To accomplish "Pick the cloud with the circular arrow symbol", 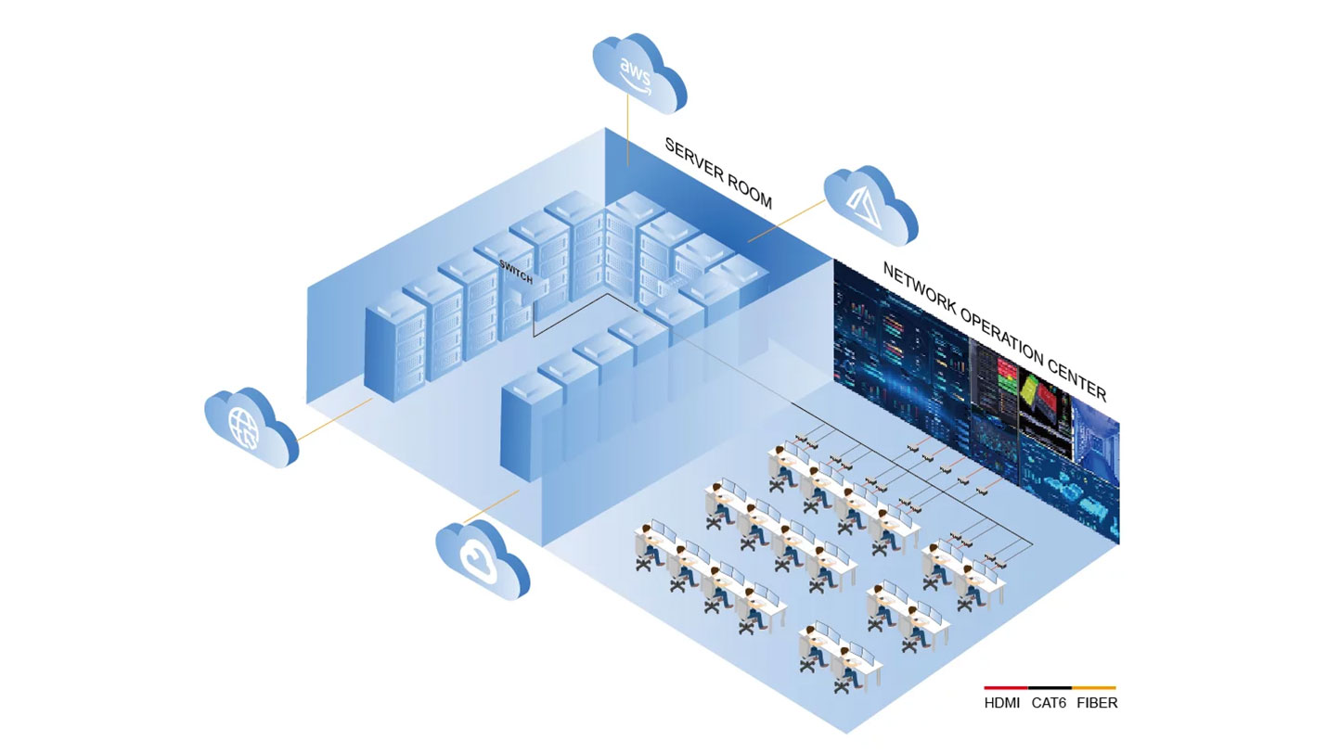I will coord(482,559).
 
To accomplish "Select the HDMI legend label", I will coord(1002,703).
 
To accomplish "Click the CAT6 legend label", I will coord(1050,703).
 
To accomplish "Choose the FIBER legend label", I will coord(1097,703).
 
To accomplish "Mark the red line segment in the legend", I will coord(1005,688).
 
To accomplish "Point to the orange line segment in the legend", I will coord(1094,688).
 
